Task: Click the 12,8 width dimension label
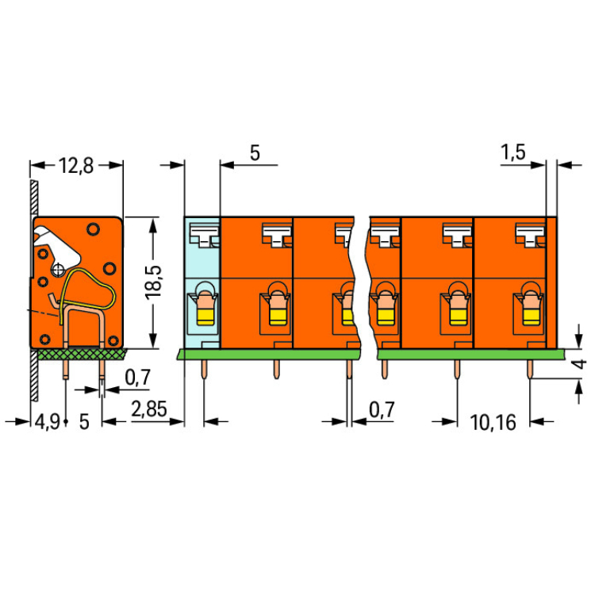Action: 76,166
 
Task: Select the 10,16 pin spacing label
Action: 493,422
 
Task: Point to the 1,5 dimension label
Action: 513,152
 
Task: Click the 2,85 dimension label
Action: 149,409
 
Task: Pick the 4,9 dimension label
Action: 47,422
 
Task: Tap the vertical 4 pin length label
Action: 580,364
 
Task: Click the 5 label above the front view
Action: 255,153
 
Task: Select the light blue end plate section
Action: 202,282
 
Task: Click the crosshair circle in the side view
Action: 58,271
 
